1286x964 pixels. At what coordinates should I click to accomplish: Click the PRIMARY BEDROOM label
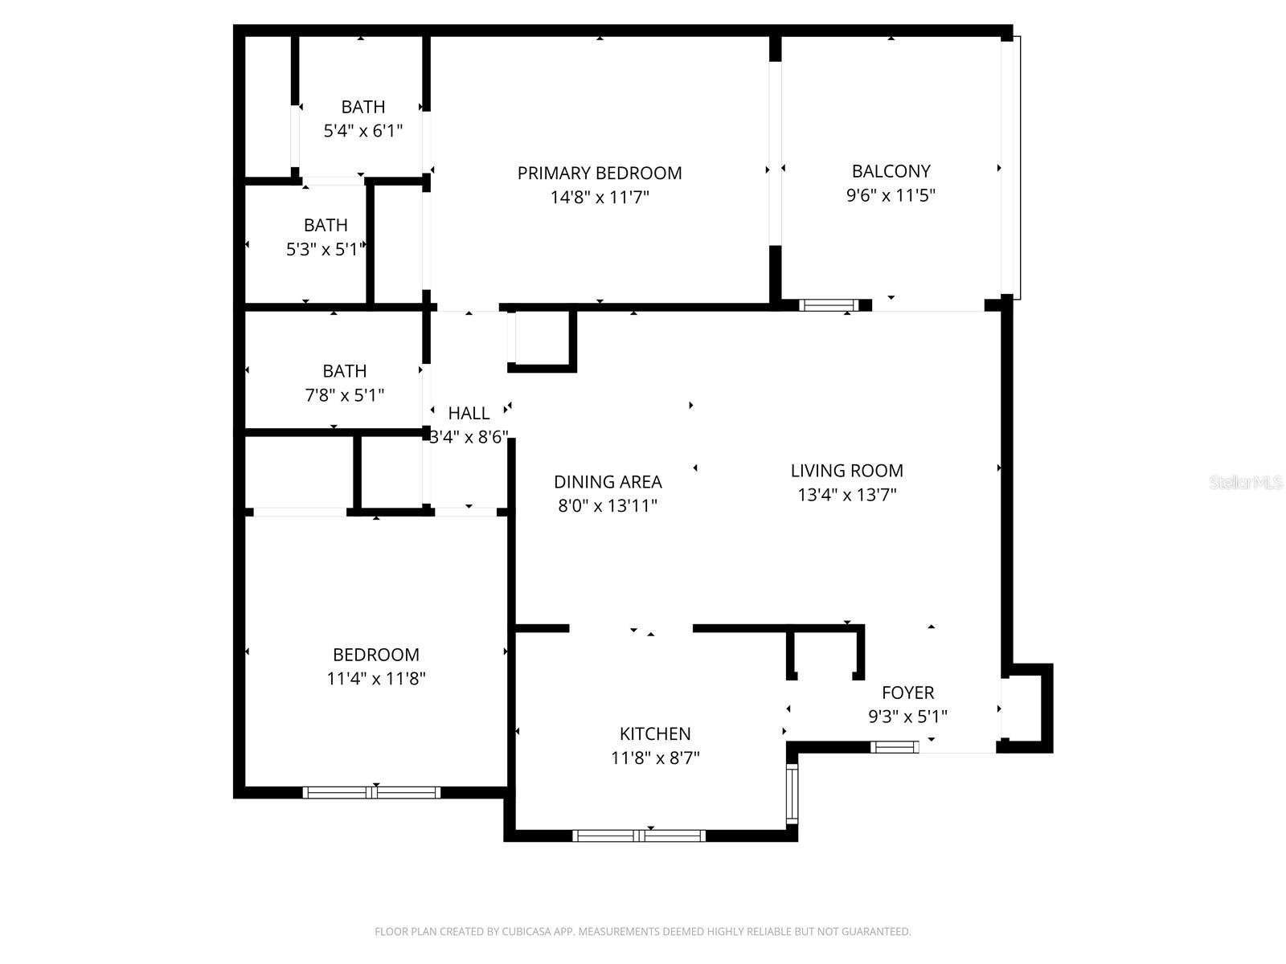click(x=600, y=173)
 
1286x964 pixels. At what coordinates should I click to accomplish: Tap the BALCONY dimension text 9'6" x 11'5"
click(x=891, y=195)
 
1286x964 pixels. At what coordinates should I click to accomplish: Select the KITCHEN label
click(x=655, y=733)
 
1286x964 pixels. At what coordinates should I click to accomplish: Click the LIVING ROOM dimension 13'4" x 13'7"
click(x=846, y=495)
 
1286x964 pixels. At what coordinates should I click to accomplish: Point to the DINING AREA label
click(x=608, y=482)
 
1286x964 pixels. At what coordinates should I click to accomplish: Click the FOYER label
click(x=907, y=692)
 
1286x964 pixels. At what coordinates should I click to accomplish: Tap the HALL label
click(x=469, y=413)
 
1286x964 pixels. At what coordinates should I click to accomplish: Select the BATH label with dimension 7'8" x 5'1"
click(x=345, y=371)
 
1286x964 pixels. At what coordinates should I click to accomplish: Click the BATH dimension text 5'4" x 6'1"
click(x=362, y=131)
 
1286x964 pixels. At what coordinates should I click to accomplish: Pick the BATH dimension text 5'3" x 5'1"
click(x=326, y=250)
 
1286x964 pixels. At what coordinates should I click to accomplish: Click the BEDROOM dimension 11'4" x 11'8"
click(x=375, y=679)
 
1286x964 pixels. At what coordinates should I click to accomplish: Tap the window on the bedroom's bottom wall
click(x=371, y=793)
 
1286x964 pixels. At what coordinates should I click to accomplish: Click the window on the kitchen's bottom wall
click(x=639, y=836)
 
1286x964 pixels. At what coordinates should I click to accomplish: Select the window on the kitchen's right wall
click(x=792, y=794)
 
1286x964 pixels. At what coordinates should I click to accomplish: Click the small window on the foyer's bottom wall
click(x=895, y=748)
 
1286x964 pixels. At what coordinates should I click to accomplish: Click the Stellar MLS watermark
click(x=1247, y=483)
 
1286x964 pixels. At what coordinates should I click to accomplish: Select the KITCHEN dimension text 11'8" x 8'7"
click(x=655, y=758)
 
